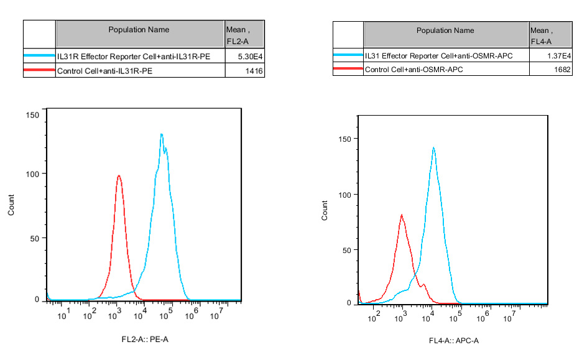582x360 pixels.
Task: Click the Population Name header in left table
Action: point(139,30)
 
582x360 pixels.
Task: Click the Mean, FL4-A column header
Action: point(550,35)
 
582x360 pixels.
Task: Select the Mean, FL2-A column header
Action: point(244,35)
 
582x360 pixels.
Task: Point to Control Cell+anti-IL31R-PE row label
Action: point(105,72)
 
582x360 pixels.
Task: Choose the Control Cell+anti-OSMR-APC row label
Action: point(413,70)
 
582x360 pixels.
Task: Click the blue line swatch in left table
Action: point(39,56)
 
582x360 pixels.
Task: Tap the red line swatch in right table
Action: point(348,70)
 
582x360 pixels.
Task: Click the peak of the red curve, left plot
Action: point(118,176)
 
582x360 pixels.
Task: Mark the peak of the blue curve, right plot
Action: point(433,148)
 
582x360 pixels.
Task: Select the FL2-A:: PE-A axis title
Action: point(144,339)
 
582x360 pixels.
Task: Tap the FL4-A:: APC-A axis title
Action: point(453,341)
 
